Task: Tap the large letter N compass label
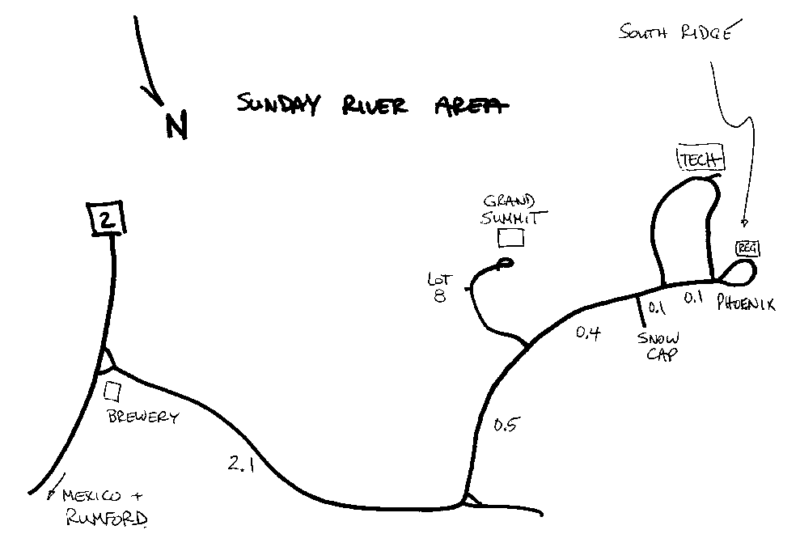176,125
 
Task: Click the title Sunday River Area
373,104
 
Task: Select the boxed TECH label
700,160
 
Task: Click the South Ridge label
676,33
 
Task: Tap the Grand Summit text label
514,210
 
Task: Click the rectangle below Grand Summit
510,237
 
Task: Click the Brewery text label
142,417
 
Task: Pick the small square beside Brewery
113,391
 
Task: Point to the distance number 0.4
589,331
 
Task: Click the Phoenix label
747,304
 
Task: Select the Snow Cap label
658,345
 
